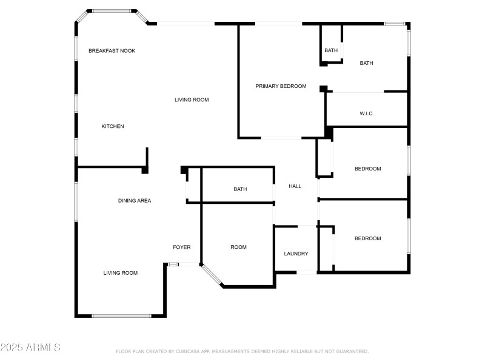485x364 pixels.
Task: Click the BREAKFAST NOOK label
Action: tap(112, 51)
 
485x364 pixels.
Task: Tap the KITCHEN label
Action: tap(113, 126)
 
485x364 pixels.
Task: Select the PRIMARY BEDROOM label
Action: tap(281, 86)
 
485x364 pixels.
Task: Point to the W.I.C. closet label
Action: tap(366, 113)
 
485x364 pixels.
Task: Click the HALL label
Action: tap(295, 186)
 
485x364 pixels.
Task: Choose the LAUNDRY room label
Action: tap(296, 254)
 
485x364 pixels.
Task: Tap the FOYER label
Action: tap(182, 247)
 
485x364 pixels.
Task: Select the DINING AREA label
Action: tap(135, 200)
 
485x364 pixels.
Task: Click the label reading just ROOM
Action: tap(238, 247)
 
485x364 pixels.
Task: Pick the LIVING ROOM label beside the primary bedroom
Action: tap(192, 99)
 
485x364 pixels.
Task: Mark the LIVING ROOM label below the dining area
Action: tap(120, 273)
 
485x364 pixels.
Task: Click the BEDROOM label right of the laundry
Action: tap(367, 238)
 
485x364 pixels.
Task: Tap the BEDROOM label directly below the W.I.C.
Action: tap(367, 169)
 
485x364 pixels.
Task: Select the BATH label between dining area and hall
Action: tap(240, 189)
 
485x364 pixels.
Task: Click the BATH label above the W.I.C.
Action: tap(366, 63)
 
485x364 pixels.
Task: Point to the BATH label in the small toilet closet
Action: tap(331, 50)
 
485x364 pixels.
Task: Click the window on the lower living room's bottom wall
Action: tap(121, 315)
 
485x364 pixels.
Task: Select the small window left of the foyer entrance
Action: tap(173, 264)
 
